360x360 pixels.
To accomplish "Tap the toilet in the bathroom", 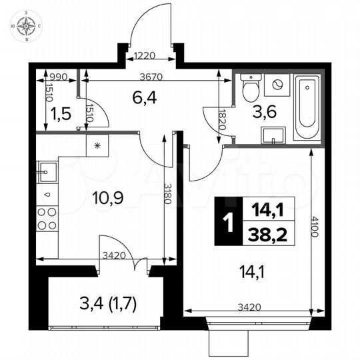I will click(251, 89).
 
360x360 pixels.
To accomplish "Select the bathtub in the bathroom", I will click(307, 108).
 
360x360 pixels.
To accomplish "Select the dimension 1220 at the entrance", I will click(146, 57).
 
